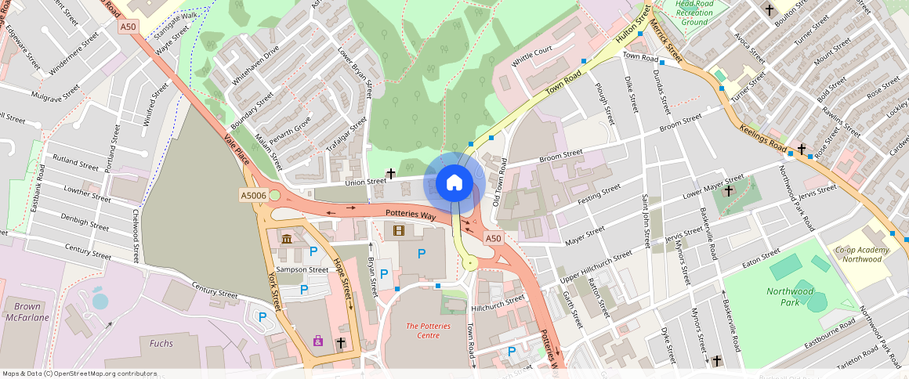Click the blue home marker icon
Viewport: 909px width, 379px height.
pyautogui.click(x=454, y=182)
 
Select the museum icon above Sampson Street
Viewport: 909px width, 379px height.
pyautogui.click(x=286, y=239)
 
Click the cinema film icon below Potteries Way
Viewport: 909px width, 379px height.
pyautogui.click(x=400, y=230)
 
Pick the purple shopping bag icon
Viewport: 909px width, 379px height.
pyautogui.click(x=317, y=340)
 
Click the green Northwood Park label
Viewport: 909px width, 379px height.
pyautogui.click(x=789, y=297)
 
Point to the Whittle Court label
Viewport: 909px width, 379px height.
pyautogui.click(x=532, y=56)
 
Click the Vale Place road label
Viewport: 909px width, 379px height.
pyautogui.click(x=237, y=148)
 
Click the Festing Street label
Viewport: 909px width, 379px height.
pyautogui.click(x=599, y=193)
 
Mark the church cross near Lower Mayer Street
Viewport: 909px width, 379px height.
pyautogui.click(x=729, y=190)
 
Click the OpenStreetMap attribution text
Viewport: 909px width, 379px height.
pyautogui.click(x=79, y=374)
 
